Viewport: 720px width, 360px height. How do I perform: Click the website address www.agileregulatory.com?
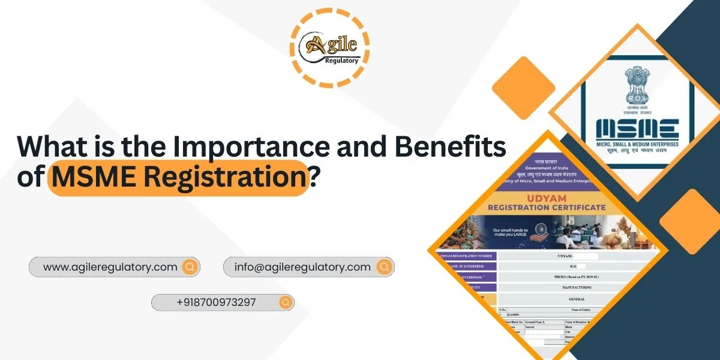pyautogui.click(x=110, y=267)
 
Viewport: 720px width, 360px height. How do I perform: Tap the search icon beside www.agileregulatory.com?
pyautogui.click(x=190, y=267)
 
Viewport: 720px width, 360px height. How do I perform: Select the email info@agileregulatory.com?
pyautogui.click(x=302, y=267)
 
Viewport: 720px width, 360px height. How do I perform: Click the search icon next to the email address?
pyautogui.click(x=384, y=267)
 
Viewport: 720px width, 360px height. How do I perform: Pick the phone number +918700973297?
pyautogui.click(x=216, y=302)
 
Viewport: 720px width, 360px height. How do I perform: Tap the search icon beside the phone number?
pyautogui.click(x=285, y=302)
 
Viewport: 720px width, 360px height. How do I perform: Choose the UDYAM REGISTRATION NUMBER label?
pyautogui.click(x=465, y=256)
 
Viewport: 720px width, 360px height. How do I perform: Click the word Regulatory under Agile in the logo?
pyautogui.click(x=341, y=59)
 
